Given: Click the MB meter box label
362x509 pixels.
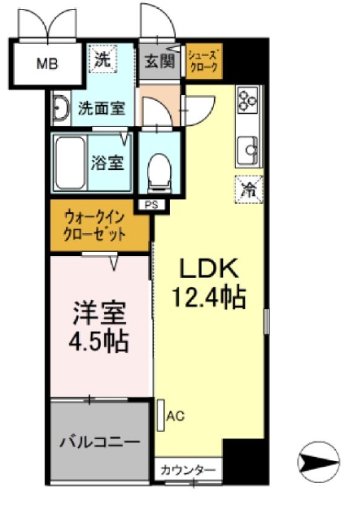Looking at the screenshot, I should coord(46,63).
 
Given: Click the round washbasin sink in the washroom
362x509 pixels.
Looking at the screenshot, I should coord(60,109).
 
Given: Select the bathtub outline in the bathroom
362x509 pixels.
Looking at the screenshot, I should coord(78,162).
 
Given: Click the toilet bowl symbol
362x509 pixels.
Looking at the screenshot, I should coord(159,168).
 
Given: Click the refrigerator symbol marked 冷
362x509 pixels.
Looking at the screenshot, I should coord(247,189).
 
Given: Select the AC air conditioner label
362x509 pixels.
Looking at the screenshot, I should coord(175,415).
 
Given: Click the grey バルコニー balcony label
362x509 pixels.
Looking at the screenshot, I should coord(99,442).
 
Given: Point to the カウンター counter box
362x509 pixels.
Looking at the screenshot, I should coord(187,470).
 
